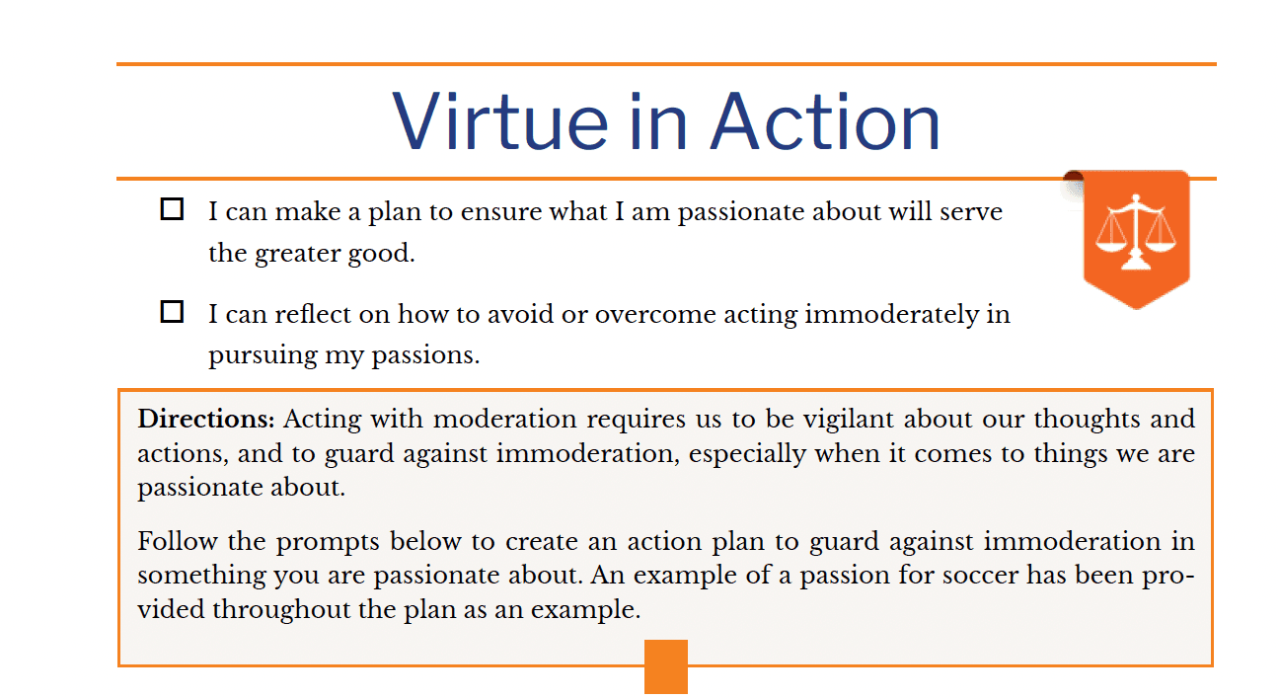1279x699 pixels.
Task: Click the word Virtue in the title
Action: coord(500,121)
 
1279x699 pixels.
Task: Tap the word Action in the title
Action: coord(825,121)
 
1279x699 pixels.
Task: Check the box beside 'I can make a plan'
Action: coord(172,209)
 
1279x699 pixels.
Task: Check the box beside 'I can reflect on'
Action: coord(172,312)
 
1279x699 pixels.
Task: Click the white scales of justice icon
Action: coord(1136,232)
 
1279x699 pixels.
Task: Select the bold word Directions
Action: coord(206,419)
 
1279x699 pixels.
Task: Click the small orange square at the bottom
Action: coord(666,666)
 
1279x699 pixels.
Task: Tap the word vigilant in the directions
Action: coord(849,420)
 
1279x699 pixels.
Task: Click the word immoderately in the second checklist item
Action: coord(891,315)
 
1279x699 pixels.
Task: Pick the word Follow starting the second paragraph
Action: coord(177,541)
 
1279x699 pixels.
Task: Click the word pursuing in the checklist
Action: coord(263,356)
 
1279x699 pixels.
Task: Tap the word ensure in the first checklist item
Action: coord(501,212)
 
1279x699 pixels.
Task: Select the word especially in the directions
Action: coord(747,455)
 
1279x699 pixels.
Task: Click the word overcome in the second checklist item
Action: coord(655,315)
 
